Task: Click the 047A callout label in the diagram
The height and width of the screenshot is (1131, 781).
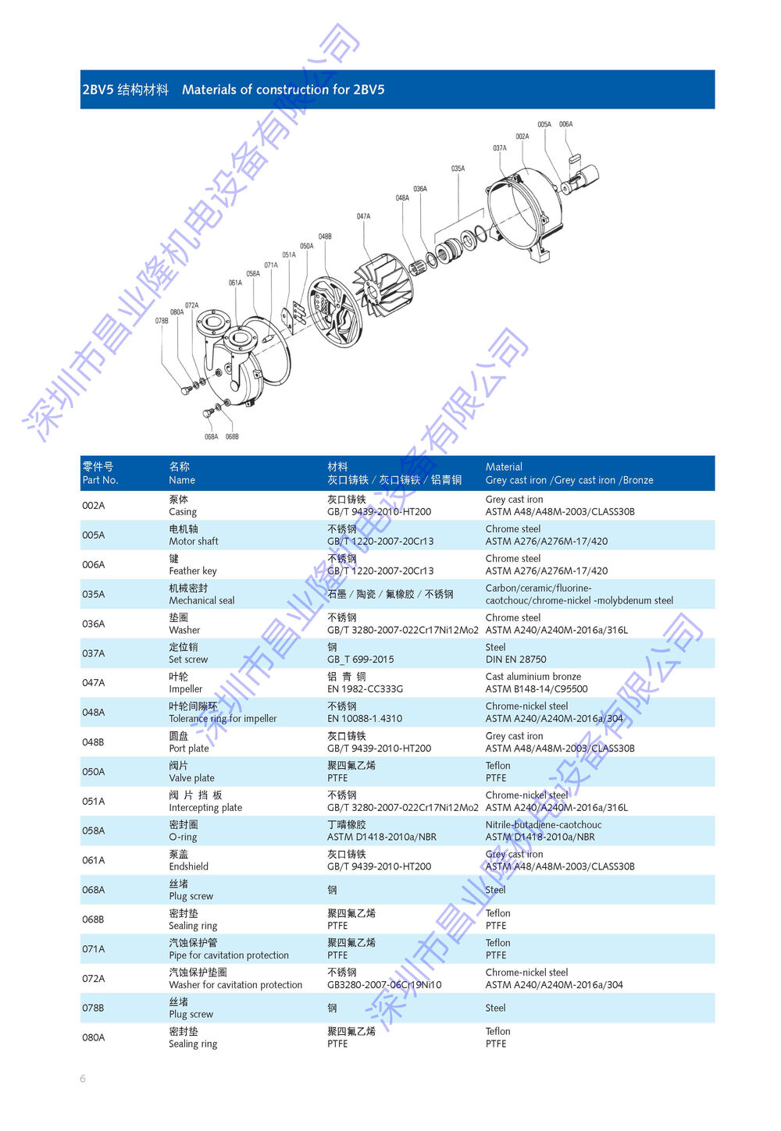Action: [363, 216]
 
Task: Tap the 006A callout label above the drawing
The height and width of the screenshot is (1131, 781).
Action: [565, 124]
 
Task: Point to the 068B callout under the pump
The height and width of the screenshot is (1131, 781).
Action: [232, 436]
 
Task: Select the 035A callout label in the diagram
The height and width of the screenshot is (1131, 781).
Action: [458, 168]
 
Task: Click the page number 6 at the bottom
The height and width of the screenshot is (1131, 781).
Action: [83, 1079]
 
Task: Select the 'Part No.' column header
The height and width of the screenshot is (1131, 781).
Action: [100, 480]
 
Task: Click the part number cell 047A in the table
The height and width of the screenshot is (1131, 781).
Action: [94, 683]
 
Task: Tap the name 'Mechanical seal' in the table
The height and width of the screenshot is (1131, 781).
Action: [201, 600]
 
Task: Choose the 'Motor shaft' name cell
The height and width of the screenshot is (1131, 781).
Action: [194, 541]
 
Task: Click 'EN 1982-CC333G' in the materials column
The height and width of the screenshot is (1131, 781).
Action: [365, 688]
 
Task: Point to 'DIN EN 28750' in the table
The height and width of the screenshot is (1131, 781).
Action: [515, 660]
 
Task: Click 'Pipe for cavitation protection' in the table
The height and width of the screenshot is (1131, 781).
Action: [229, 955]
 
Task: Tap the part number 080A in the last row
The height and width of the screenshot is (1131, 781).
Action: [94, 1037]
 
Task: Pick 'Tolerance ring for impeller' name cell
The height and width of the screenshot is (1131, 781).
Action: [223, 719]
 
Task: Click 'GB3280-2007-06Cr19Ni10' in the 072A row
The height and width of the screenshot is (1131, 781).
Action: [384, 984]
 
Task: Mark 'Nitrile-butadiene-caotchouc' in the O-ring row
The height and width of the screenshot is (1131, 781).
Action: [544, 824]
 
